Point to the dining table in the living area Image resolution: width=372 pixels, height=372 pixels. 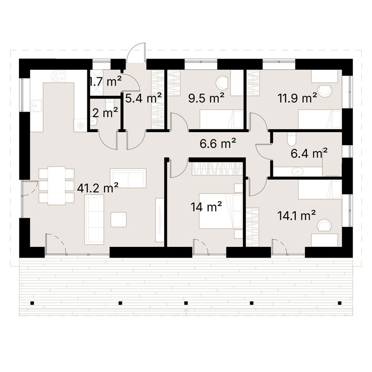57,185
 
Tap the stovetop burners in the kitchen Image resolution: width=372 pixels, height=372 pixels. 58,76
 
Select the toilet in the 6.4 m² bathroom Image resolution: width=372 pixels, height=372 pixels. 292,139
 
